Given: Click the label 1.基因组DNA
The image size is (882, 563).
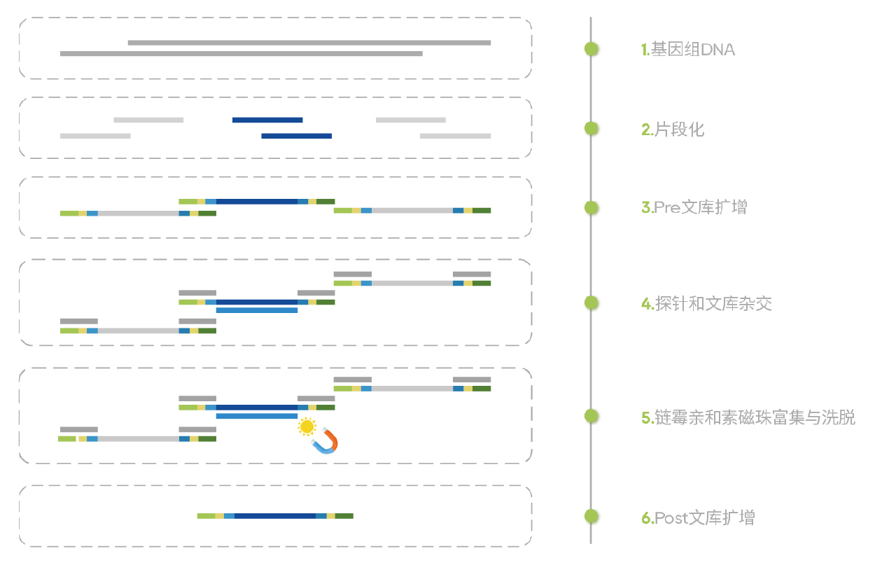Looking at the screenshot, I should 689,50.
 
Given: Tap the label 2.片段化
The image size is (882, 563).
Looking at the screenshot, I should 673,130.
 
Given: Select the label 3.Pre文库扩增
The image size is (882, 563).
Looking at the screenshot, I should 694,208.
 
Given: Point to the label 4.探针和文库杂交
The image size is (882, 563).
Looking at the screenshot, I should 706,304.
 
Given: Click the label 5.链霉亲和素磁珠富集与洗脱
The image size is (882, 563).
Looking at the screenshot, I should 748,418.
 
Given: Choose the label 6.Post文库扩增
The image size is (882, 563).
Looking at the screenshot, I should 698,518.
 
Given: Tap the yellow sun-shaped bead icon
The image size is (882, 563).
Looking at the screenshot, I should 307,426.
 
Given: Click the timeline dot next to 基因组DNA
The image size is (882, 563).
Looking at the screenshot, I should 591,49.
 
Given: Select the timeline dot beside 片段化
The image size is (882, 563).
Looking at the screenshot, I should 591,128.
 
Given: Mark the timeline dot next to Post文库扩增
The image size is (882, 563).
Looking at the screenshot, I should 591,517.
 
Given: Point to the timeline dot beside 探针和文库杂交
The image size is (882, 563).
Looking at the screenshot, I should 591,303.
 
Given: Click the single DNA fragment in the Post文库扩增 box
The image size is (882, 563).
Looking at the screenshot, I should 275,516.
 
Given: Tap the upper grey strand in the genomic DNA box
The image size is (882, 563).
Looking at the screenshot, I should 309,43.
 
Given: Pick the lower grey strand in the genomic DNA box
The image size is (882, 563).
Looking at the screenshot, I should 241,53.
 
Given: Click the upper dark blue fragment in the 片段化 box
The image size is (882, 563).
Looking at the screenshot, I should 267,120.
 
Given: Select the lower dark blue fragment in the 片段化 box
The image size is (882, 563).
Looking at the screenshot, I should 296,136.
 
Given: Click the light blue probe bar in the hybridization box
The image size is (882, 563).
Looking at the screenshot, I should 256,310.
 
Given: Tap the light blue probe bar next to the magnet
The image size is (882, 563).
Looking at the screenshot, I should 256,416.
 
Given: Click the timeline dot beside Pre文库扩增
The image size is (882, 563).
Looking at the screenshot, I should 591,207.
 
